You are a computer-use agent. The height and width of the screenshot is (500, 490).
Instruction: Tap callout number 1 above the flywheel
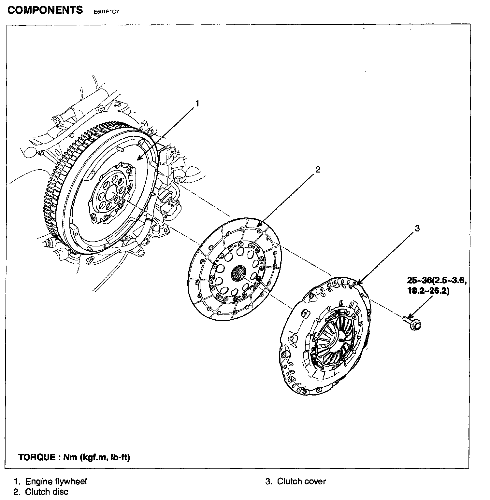[x=197, y=104]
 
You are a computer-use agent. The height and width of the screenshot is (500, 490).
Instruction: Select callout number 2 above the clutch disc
[x=318, y=169]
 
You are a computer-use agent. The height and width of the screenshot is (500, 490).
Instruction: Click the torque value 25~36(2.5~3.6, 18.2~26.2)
[x=437, y=285]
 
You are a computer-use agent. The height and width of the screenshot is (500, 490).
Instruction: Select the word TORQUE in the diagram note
[x=37, y=457]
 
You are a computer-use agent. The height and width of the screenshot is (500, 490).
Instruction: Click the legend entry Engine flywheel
[x=56, y=481]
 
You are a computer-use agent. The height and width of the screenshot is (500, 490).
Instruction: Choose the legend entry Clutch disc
[x=47, y=492]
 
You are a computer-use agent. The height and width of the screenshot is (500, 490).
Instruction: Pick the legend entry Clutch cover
[x=301, y=481]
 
